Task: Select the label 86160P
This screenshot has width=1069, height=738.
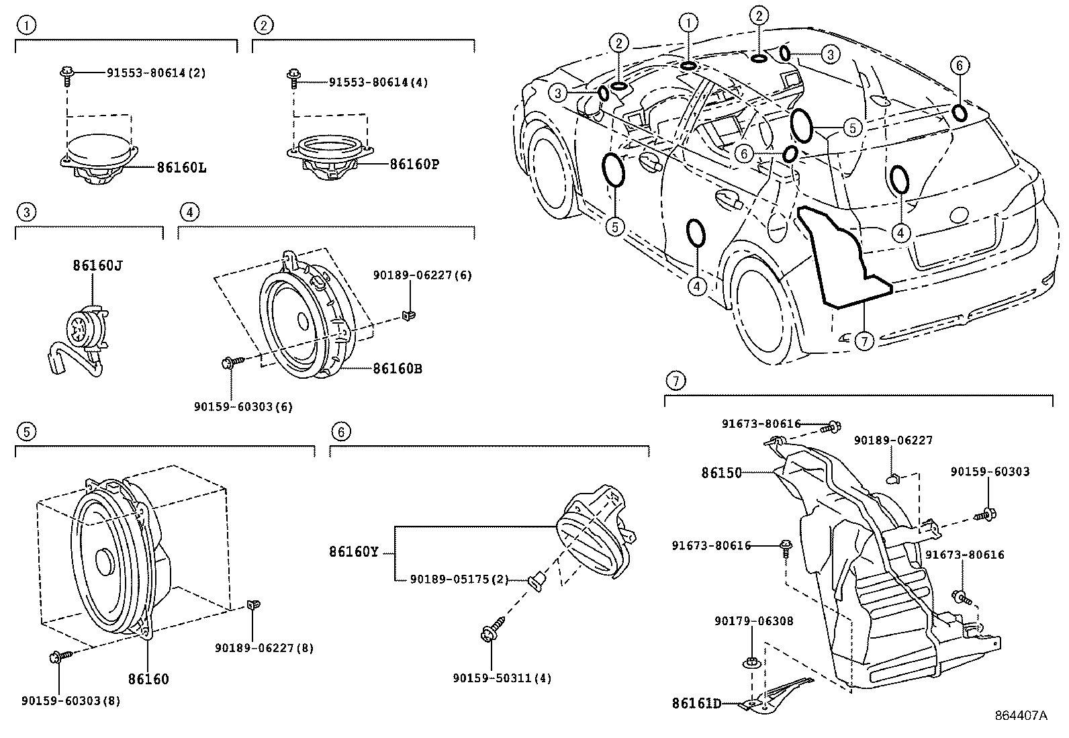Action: coord(414,163)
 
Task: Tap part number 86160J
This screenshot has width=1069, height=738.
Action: coord(98,265)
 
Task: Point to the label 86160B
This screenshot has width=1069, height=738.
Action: coord(398,369)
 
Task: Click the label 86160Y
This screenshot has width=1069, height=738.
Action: coord(354,552)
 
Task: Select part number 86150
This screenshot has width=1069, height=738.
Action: coord(722,473)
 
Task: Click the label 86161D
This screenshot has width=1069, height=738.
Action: coord(696,704)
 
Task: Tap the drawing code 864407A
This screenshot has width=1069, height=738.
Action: coord(1021,716)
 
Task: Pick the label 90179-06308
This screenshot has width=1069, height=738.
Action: coord(753,621)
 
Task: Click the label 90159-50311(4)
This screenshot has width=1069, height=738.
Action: coord(502,678)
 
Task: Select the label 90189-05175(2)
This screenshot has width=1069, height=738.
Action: coord(459,579)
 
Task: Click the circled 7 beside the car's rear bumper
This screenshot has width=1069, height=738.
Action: coord(864,342)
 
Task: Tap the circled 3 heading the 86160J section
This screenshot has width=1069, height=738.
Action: coord(26,213)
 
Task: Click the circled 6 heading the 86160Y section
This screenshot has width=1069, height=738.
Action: coord(341,431)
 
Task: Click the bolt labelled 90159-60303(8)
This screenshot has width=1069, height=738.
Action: coord(56,657)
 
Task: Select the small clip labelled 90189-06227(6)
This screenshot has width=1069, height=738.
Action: coord(408,314)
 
